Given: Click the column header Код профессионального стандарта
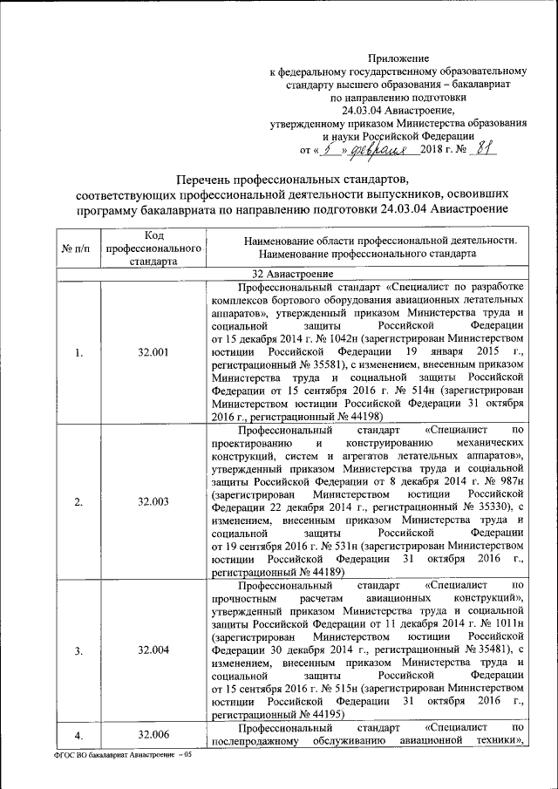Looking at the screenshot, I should click(x=153, y=249).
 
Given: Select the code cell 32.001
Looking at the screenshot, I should click(x=153, y=353).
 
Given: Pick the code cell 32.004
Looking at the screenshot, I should click(x=153, y=650).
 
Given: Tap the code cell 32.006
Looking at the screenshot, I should click(x=153, y=735).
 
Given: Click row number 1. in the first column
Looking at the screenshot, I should click(x=79, y=353).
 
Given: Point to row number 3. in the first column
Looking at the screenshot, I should click(x=79, y=650).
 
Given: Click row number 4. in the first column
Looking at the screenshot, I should click(x=79, y=735).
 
